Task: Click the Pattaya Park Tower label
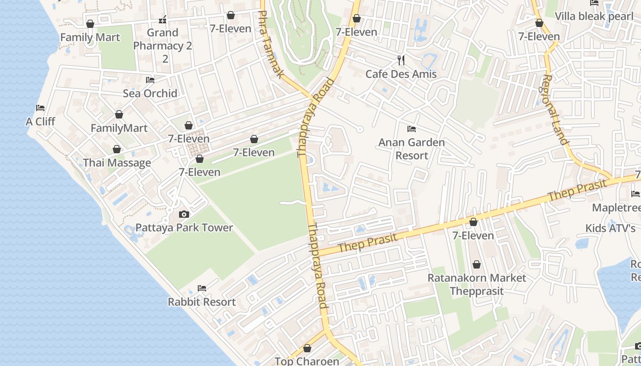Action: tap(184, 227)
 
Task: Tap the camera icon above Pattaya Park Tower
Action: tap(184, 214)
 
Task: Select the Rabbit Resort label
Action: tap(201, 302)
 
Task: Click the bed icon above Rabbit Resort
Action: tap(201, 288)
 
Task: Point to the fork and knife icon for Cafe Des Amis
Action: tap(401, 60)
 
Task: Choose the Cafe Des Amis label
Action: tap(401, 74)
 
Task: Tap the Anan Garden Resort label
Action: tap(411, 149)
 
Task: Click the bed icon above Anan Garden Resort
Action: tap(411, 129)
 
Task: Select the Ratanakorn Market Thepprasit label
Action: tap(477, 284)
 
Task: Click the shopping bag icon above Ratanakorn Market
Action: tap(477, 264)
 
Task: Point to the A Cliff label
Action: tap(40, 122)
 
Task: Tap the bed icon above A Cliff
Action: tap(40, 108)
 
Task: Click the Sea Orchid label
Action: tap(150, 93)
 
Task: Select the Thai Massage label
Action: tap(117, 163)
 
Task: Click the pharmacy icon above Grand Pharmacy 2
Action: tap(162, 20)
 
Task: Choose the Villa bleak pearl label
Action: tap(594, 16)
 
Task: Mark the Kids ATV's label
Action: tap(610, 228)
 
